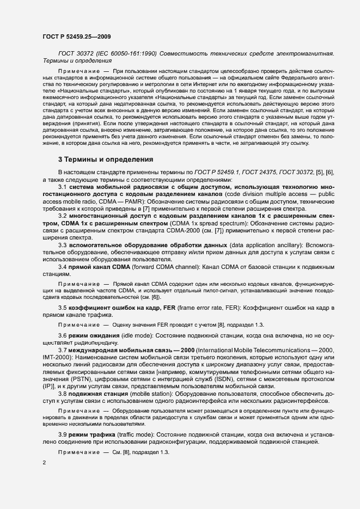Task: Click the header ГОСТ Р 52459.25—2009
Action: coord(77,36)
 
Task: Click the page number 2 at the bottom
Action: coord(44,463)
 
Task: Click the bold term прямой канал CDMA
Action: coord(93,267)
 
